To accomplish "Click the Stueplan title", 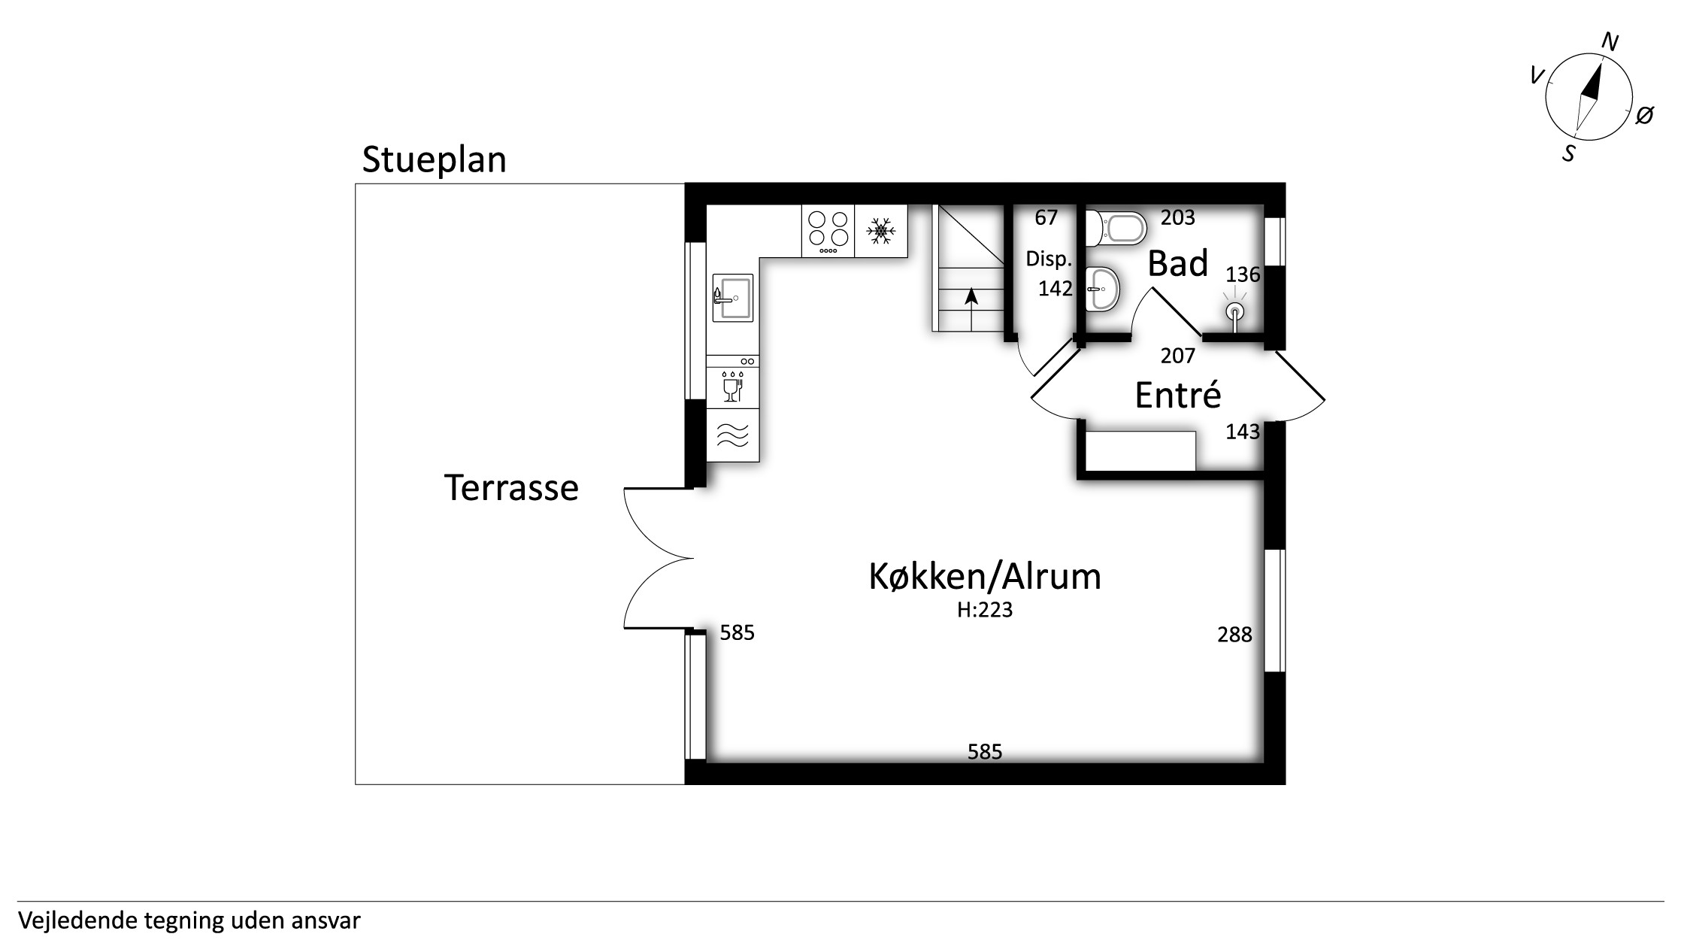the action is (434, 161).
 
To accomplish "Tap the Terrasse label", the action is (511, 487).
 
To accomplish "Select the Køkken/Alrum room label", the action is (985, 577).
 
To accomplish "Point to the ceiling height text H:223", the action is (985, 610).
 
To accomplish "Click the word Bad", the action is (1178, 264).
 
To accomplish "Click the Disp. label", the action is (1049, 259).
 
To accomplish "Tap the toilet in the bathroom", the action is (1116, 228).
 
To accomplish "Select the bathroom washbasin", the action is (1103, 289).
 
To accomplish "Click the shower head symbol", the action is (1234, 311).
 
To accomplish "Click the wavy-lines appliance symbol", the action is (733, 435).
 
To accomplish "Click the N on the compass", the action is (1610, 41).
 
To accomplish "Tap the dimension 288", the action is (1234, 635).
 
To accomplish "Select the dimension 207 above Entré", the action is (1177, 356).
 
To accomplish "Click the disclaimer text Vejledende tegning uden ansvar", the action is (189, 920).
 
